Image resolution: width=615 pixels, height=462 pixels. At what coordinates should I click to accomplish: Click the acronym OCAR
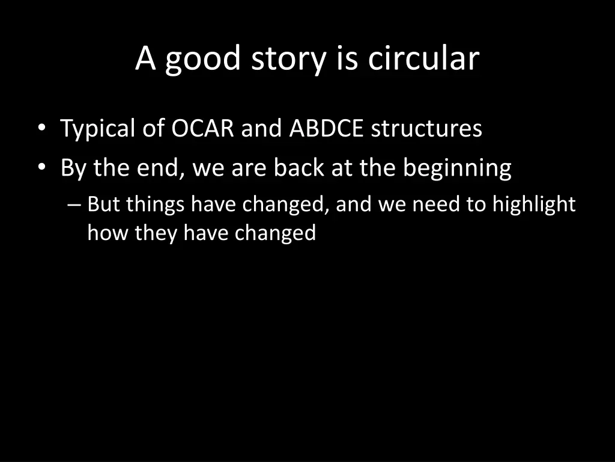tap(202, 129)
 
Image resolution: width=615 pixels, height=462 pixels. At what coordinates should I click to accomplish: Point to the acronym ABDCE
tap(326, 129)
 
